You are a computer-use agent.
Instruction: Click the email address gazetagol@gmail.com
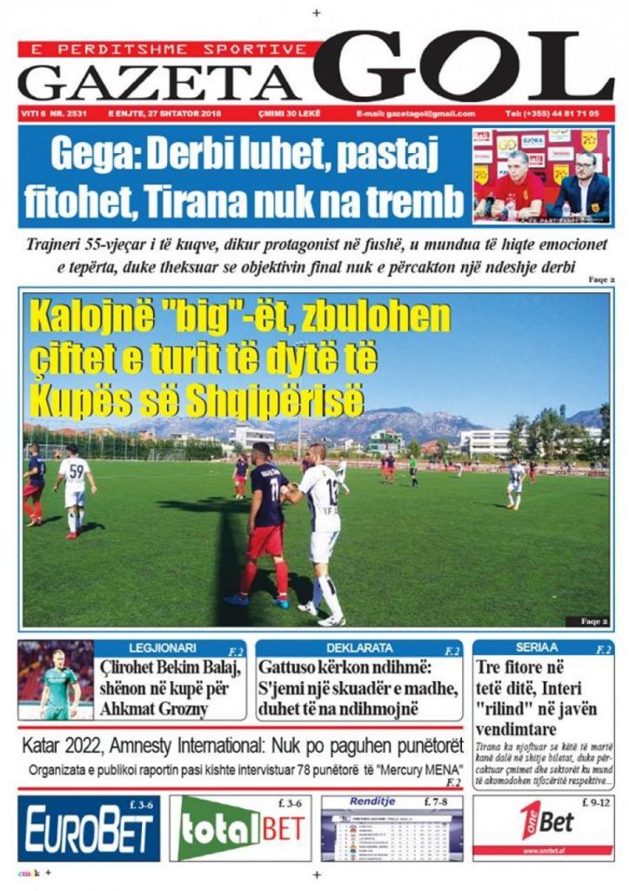click(416, 114)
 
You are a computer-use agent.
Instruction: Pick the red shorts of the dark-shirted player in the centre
click(265, 540)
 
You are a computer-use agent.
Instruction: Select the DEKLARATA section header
click(359, 648)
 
